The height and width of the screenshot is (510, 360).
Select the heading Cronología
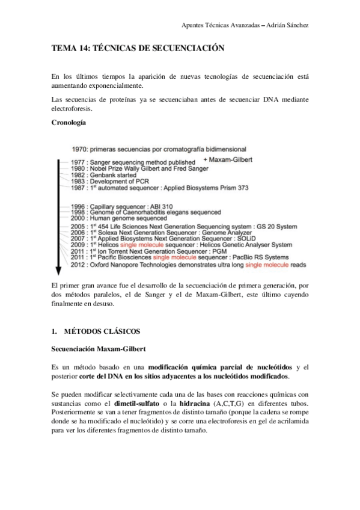[x=69, y=122]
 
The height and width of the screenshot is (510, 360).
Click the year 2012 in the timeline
[x=80, y=265]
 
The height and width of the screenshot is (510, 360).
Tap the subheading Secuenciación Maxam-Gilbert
[x=99, y=349]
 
